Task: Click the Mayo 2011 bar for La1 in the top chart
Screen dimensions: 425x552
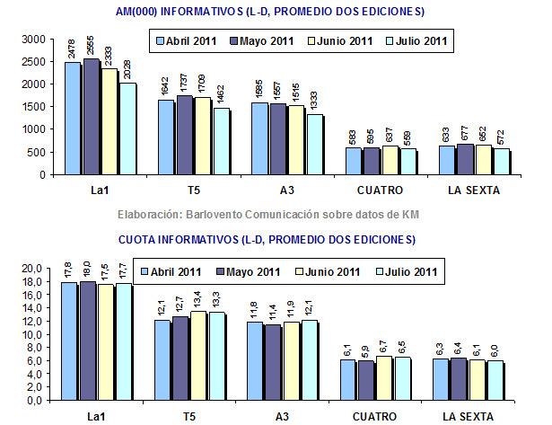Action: tap(92, 117)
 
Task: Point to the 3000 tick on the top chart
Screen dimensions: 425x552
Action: tap(33, 40)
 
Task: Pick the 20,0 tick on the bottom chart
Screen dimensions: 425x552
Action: tap(31, 269)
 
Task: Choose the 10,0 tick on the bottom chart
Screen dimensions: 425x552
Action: tap(31, 334)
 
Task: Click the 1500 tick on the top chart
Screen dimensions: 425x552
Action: tap(33, 107)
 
